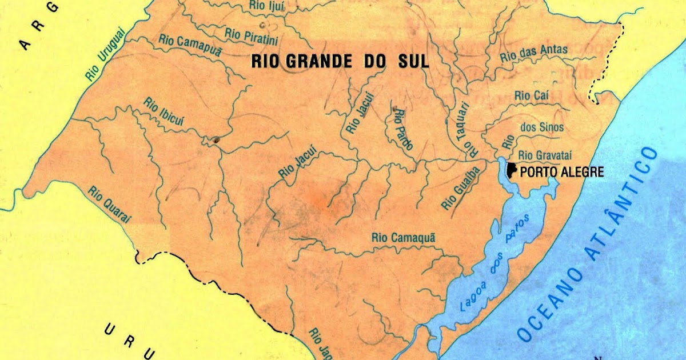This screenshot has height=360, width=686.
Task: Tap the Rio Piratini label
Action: [252, 34]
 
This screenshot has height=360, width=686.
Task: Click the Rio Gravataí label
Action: [545, 154]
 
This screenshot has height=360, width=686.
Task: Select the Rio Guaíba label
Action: [453, 192]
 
